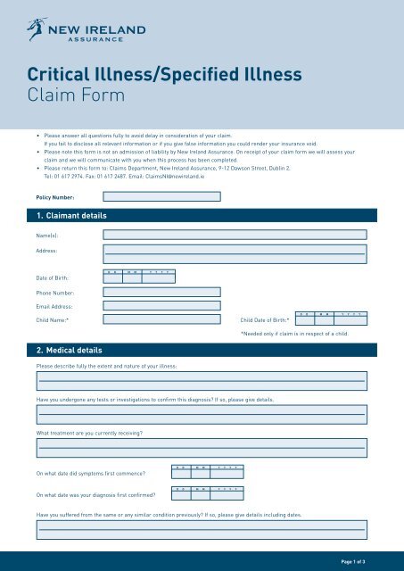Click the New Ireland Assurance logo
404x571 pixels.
[x=85, y=34]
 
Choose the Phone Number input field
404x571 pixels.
[x=161, y=292]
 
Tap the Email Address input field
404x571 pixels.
[x=161, y=306]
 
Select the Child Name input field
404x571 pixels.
[x=161, y=319]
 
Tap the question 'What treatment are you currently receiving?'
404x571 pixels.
[x=89, y=433]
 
